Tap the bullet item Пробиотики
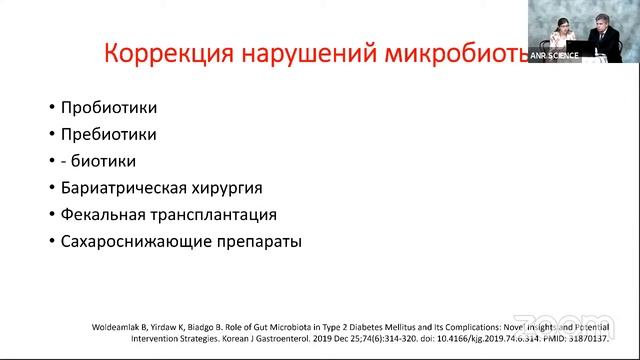pyautogui.click(x=108, y=107)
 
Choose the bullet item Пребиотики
pyautogui.click(x=108, y=133)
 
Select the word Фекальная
pyautogui.click(x=105, y=214)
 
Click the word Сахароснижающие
pyautogui.click(x=134, y=241)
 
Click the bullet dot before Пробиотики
pyautogui.click(x=50, y=108)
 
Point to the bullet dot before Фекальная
pyautogui.click(x=50, y=215)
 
